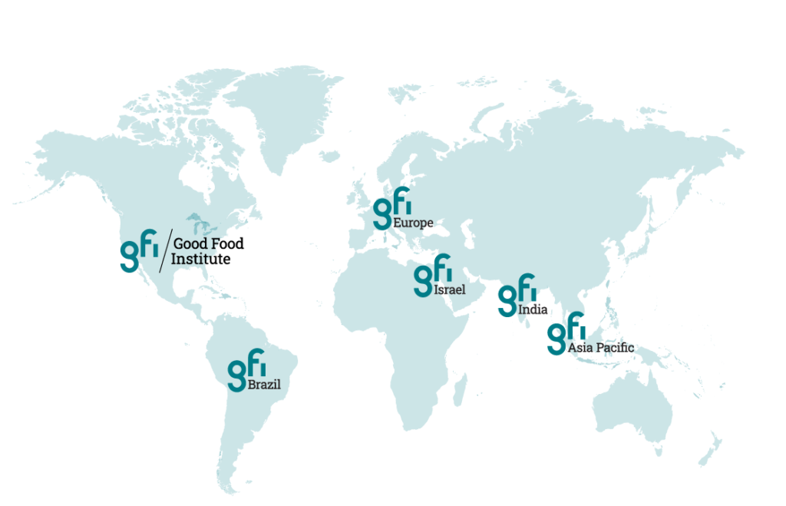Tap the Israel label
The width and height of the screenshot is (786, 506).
coord(450,291)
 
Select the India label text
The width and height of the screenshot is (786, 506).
coord(533,310)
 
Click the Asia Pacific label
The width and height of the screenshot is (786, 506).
coord(601,348)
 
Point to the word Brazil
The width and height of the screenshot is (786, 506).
coord(263,383)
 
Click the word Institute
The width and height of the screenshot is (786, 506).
coord(200,260)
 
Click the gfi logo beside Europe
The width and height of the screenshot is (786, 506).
coord(391,207)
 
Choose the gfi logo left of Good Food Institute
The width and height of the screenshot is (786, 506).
coord(139,250)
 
